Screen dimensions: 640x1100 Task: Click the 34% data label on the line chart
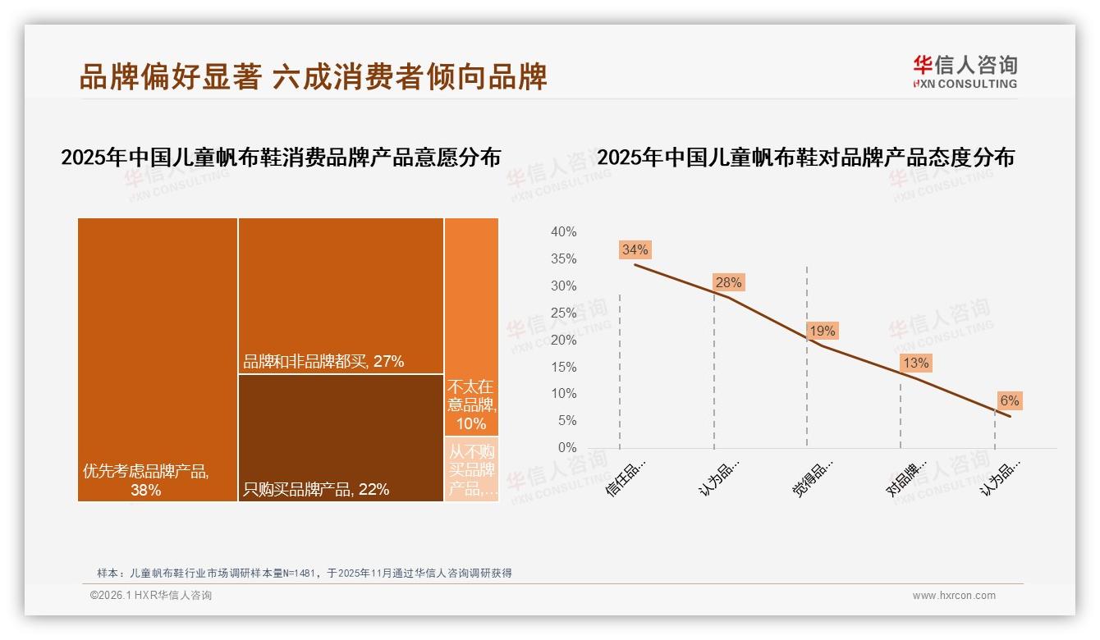point(635,249)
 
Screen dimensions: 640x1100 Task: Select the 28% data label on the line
point(728,282)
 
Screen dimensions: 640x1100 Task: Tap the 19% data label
point(822,331)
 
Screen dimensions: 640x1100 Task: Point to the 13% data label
point(915,363)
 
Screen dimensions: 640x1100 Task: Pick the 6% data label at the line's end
point(1009,400)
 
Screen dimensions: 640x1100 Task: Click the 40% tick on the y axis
point(563,232)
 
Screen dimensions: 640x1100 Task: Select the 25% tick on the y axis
point(563,313)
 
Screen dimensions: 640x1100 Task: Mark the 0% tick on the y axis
point(566,448)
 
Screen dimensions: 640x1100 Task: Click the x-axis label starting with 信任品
point(626,477)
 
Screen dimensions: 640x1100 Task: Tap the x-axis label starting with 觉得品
point(813,477)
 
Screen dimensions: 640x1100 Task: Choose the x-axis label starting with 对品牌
point(906,477)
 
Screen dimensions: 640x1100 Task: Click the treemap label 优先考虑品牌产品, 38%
point(146,481)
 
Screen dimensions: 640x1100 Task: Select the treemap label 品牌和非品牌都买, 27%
point(323,361)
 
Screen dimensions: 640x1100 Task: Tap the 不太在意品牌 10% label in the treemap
point(471,405)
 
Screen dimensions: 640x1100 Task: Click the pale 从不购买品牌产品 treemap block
point(471,469)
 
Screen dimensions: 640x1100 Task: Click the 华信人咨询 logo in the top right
point(965,71)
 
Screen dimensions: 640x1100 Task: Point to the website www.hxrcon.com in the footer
point(954,596)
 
